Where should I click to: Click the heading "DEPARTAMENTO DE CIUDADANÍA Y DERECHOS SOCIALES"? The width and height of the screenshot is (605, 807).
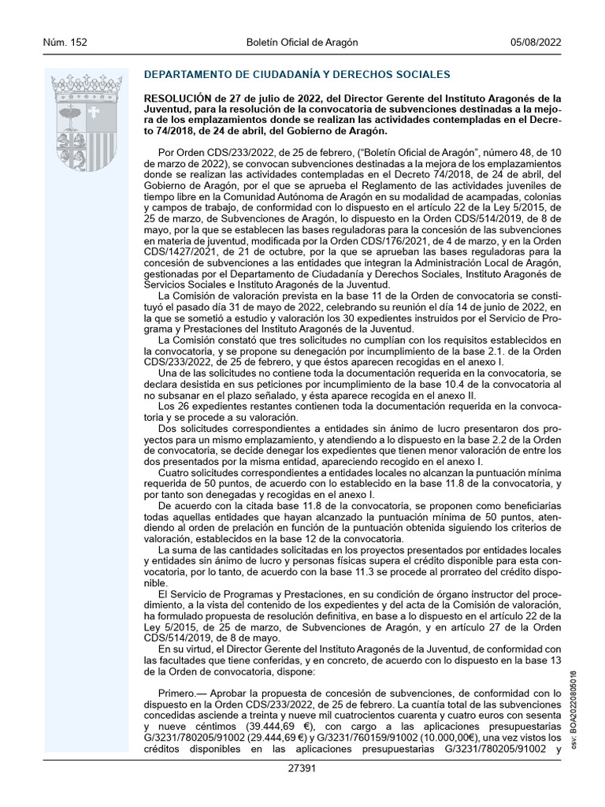tap(297, 75)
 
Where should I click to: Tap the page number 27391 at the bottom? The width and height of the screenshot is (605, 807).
tap(302, 768)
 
